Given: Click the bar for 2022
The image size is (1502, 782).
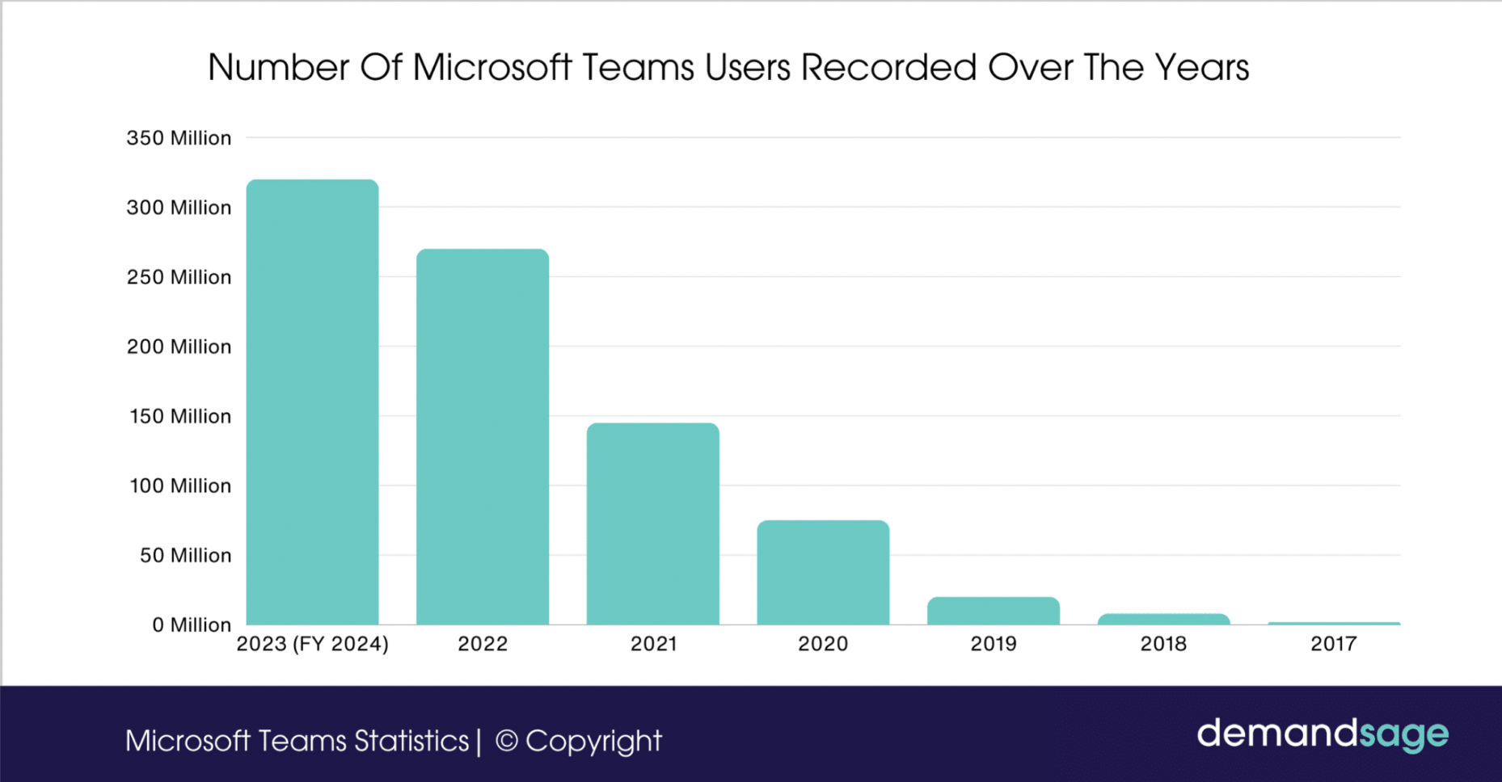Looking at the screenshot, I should click(483, 437).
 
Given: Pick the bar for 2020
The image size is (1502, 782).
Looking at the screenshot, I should click(823, 573).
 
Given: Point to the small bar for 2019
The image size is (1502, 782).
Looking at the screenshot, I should click(993, 612).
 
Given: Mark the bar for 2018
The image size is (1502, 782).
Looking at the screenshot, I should click(1163, 620).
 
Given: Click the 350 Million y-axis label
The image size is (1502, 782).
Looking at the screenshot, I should click(179, 138).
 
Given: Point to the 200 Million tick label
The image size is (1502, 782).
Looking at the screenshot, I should click(179, 347).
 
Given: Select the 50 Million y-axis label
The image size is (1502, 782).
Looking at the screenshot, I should click(185, 556).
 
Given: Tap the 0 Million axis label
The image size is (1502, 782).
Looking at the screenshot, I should click(192, 625).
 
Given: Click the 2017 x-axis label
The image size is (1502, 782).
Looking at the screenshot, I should click(1333, 644).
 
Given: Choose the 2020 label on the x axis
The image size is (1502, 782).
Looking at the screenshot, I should click(823, 644).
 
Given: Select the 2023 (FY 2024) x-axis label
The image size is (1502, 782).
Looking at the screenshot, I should click(312, 644).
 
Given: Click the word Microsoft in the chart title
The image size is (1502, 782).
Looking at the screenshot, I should click(492, 68).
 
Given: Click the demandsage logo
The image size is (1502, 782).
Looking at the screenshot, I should click(1322, 734).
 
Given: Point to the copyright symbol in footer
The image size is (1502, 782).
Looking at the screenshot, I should click(506, 741).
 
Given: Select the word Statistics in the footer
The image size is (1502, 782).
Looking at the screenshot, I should click(411, 741).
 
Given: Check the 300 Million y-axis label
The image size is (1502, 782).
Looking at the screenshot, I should click(179, 208).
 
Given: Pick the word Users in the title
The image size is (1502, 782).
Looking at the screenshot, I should click(747, 68).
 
